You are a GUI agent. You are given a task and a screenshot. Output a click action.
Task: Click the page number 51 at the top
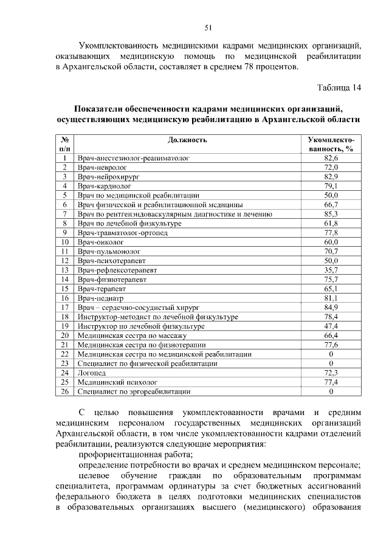point(208,27)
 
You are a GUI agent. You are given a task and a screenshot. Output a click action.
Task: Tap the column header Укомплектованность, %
point(331,144)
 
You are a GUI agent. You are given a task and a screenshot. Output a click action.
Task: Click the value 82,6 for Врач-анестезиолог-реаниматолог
point(331,158)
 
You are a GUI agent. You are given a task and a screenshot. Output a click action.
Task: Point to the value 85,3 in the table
point(331,215)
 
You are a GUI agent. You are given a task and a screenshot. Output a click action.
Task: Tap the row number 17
point(64,308)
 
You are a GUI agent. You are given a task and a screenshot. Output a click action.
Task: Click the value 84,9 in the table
point(331,308)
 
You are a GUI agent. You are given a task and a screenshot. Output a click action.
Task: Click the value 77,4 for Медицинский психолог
point(331,382)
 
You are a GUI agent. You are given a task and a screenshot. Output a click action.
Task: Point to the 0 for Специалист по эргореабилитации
point(331,392)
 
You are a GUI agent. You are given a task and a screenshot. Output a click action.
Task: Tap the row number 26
point(64,392)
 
